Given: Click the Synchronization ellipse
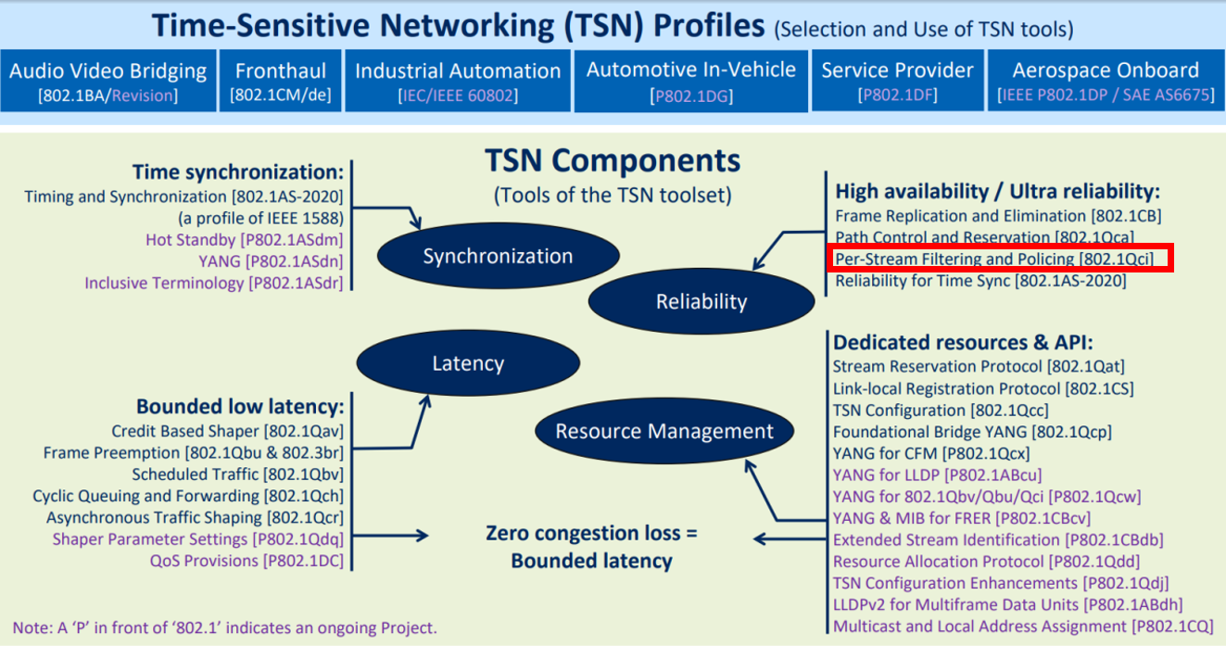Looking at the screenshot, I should point(498,257).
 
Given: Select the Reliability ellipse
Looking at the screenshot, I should point(701,301).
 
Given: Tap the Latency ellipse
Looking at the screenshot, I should point(467,363).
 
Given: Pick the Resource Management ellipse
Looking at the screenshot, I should point(664,431).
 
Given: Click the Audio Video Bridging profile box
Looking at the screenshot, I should point(108,82).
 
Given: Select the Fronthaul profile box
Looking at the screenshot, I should point(280,82).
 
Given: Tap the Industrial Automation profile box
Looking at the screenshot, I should point(458,82).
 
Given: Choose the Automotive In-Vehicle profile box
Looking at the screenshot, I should point(690,82).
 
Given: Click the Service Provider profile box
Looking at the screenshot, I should point(897,82).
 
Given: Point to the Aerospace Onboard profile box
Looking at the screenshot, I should point(1105,82).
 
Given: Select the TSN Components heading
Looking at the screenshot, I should point(613,161).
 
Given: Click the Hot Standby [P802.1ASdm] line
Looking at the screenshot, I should point(245,239).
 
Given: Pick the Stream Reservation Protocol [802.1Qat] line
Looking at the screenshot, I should point(979,367).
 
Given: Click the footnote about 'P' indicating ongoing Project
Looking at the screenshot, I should point(224,627).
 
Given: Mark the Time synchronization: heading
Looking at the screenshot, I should point(237,171).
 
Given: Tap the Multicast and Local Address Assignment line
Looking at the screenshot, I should point(1023,627).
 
